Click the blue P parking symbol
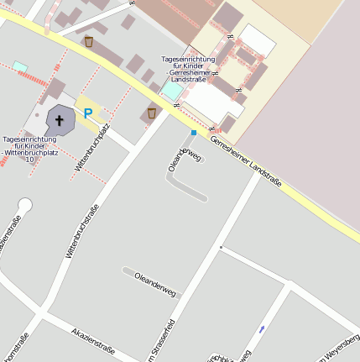[x=88, y=113]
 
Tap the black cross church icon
[x=60, y=119]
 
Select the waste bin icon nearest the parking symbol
[x=152, y=112]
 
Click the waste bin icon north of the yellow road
[x=89, y=40]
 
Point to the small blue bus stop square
[x=194, y=133]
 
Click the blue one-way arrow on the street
[x=262, y=328]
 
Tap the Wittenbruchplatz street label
[x=93, y=147]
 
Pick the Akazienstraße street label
[x=92, y=338]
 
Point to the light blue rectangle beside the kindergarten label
[x=171, y=90]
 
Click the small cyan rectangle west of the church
[x=19, y=66]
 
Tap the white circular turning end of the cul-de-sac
[x=25, y=204]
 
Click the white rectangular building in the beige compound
[x=258, y=40]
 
